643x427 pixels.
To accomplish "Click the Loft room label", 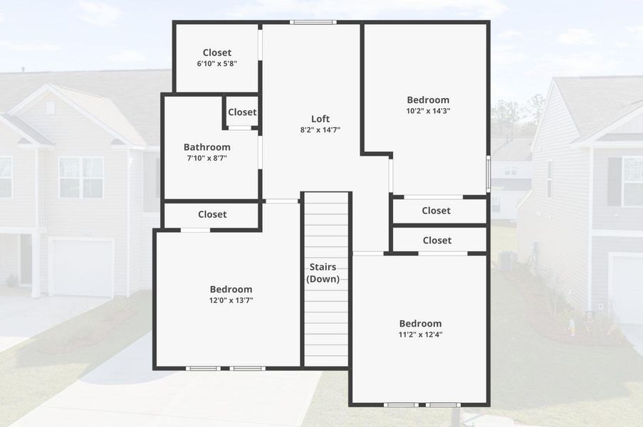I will click(320, 119).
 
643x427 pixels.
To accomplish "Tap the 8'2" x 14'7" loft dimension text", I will click(320, 130).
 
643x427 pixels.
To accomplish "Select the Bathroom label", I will click(207, 147).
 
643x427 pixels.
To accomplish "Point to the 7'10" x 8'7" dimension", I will click(207, 158).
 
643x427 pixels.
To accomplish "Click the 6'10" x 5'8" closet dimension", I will click(216, 63).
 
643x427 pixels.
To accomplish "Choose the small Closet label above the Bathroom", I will click(242, 112).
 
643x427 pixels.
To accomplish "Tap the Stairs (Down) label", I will click(323, 273).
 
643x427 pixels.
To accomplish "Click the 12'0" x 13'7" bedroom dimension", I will click(231, 300).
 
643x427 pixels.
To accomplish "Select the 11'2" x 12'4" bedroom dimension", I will click(420, 334).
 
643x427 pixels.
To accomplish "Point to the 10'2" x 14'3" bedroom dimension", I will click(428, 111).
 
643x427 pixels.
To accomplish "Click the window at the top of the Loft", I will click(313, 22).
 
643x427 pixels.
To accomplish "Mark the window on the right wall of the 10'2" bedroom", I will click(488, 172).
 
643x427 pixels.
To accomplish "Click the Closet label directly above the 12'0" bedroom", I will click(212, 214).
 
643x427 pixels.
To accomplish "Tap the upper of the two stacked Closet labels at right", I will click(436, 211).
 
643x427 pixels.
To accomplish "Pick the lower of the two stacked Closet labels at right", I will click(436, 241).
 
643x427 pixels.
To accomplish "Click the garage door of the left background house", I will click(81, 268).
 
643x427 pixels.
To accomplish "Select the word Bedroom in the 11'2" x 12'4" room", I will click(420, 323).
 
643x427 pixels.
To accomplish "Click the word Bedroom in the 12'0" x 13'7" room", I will click(231, 290).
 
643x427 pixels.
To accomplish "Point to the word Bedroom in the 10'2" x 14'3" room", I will click(428, 100).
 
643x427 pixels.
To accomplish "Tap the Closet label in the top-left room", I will click(216, 53).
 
